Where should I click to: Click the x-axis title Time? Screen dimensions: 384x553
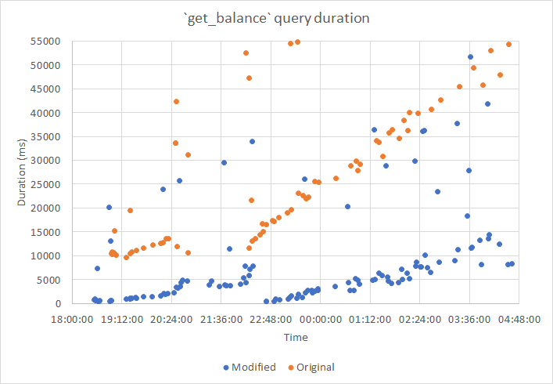tap(295, 337)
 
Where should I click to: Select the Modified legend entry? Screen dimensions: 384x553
tap(250, 367)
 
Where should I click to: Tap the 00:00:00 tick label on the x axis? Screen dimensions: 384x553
tap(320, 319)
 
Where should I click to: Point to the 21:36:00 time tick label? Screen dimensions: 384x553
tap(221, 319)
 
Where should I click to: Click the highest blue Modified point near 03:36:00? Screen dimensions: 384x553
tap(470, 57)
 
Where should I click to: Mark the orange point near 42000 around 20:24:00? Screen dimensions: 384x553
tap(176, 102)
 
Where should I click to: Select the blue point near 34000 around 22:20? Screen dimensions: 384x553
tap(252, 142)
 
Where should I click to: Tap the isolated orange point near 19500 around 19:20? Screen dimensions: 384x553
tap(130, 211)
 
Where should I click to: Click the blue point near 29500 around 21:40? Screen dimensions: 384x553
tap(224, 163)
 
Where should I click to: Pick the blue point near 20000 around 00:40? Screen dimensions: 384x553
tap(347, 207)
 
